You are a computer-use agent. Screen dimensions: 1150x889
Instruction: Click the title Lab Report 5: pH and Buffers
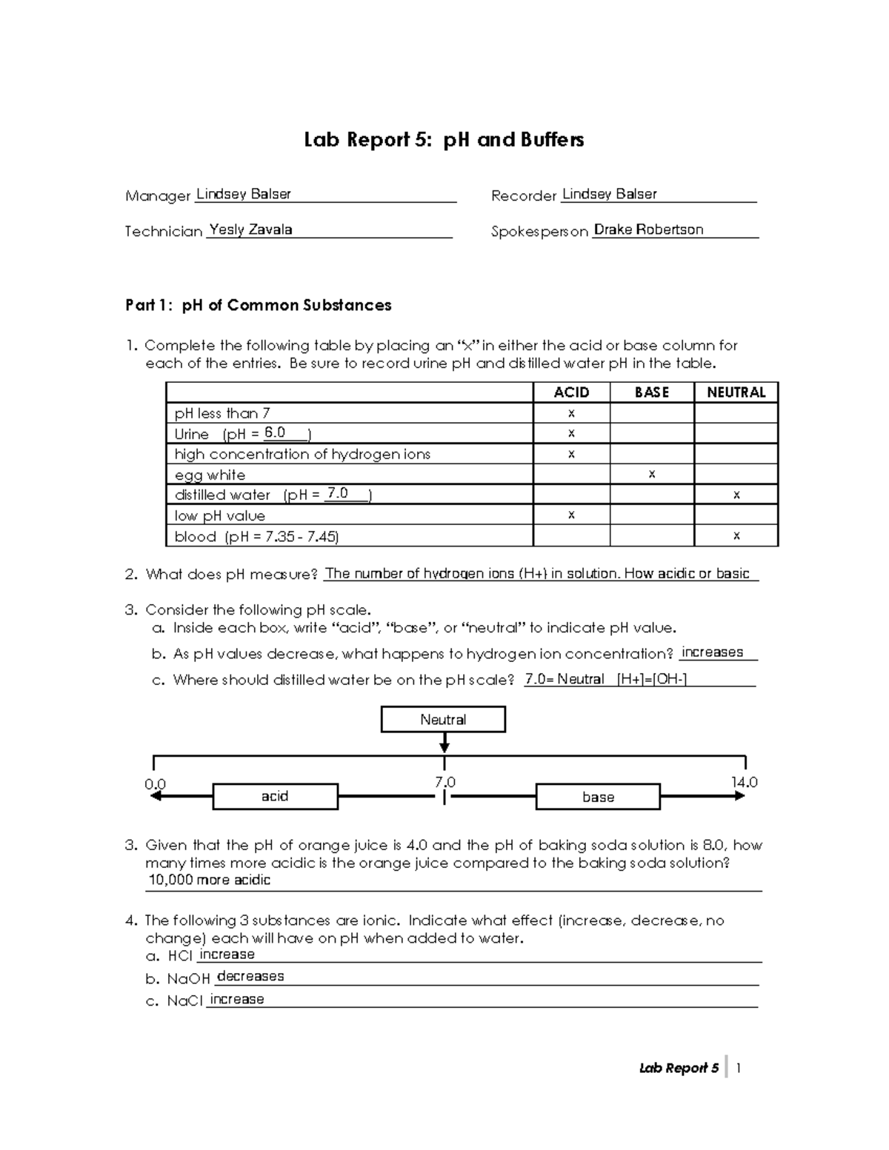pos(444,140)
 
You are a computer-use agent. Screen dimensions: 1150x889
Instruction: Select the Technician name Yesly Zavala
pos(250,230)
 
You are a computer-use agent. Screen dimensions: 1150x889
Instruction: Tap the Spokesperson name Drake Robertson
pos(648,230)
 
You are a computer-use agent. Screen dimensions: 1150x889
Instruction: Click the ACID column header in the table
pos(571,392)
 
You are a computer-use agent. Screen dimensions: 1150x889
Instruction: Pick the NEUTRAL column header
pos(736,392)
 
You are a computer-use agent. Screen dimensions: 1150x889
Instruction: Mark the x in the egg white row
pos(651,474)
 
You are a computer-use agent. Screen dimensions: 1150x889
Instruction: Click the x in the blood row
pos(736,535)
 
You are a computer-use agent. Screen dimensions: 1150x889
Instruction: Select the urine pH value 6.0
pos(275,433)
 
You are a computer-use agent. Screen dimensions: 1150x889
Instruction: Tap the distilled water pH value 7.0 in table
pos(337,494)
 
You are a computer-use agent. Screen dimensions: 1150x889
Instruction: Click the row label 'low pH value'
pos(219,515)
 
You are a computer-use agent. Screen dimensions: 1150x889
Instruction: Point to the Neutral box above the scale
pos(443,720)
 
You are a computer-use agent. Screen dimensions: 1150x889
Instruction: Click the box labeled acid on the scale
pos(275,796)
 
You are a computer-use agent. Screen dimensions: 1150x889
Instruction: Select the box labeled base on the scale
pos(598,797)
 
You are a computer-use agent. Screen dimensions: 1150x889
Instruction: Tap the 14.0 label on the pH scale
pos(744,782)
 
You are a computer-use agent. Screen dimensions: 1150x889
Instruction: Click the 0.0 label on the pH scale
pos(155,783)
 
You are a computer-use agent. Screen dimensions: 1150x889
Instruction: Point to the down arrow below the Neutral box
pos(444,743)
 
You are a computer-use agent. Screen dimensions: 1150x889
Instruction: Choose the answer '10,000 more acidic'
pos(210,880)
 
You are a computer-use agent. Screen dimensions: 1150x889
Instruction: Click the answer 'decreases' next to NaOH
pos(250,977)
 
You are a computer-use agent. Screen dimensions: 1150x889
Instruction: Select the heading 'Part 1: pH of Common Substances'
pos(258,305)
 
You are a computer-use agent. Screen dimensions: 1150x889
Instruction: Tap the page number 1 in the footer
pos(739,1068)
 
